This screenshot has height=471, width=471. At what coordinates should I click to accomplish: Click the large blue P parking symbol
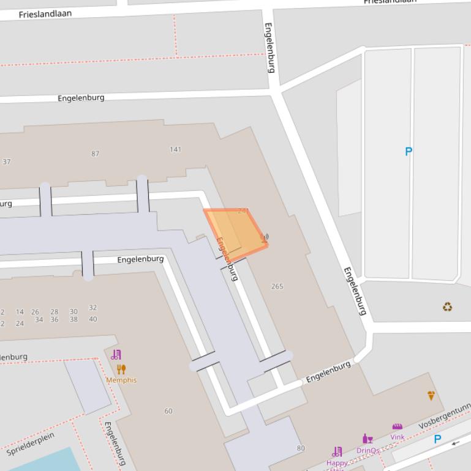[x=409, y=151]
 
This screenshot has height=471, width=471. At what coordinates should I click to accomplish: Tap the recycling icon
[x=448, y=306]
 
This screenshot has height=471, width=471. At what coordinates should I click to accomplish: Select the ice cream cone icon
[x=431, y=396]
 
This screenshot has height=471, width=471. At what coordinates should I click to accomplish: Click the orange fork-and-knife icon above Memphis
[x=121, y=369]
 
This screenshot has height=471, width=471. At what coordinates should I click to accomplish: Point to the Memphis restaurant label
[x=121, y=380]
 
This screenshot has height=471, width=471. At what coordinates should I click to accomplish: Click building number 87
[x=95, y=154]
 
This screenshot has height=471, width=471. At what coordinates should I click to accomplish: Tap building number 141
[x=176, y=149]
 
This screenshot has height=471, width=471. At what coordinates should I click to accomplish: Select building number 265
[x=277, y=286]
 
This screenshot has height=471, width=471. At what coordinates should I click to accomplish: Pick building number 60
[x=168, y=411]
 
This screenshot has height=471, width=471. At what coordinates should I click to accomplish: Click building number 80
[x=301, y=448]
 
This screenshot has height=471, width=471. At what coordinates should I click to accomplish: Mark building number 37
[x=7, y=162]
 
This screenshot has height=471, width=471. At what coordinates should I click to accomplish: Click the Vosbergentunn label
[x=445, y=417]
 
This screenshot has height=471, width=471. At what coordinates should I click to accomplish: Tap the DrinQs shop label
[x=367, y=450]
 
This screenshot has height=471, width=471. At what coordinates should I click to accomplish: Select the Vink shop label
[x=398, y=437]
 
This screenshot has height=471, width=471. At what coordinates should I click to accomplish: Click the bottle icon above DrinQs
[x=367, y=439]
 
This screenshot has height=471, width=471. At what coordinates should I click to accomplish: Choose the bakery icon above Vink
[x=398, y=427]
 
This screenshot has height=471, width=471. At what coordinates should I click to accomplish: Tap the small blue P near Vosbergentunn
[x=437, y=439]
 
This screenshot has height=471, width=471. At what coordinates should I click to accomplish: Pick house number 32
[x=92, y=308]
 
